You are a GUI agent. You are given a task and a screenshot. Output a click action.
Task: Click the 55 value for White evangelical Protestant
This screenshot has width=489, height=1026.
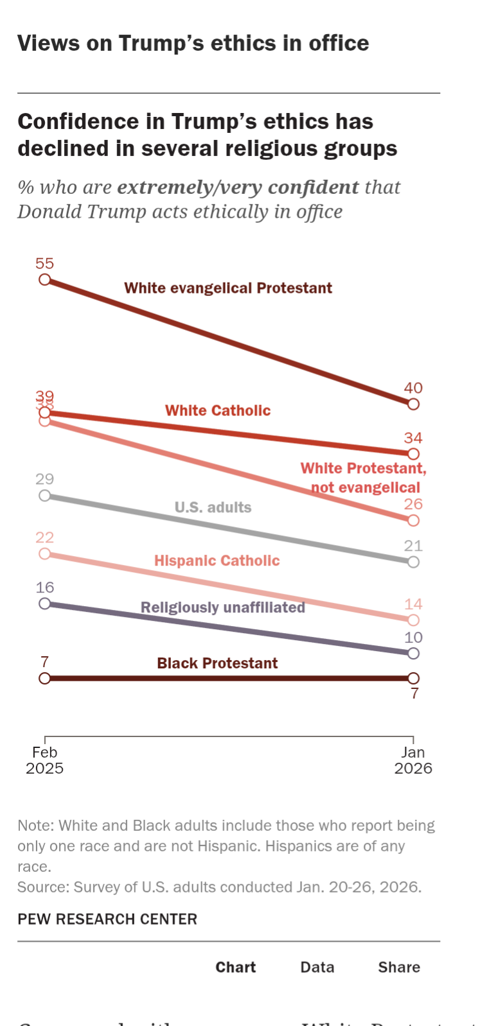(44, 264)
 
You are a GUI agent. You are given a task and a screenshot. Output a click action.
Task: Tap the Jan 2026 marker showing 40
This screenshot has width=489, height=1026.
(413, 404)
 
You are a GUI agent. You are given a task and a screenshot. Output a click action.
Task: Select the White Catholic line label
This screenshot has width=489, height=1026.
(218, 411)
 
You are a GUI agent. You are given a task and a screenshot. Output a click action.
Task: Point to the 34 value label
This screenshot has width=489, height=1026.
(413, 439)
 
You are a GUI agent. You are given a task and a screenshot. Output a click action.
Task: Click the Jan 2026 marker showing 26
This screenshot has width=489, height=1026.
(413, 520)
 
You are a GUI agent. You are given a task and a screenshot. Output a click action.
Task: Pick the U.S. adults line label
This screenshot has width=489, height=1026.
(213, 508)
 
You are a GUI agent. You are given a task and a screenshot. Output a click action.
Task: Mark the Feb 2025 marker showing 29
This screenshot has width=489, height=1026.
(44, 496)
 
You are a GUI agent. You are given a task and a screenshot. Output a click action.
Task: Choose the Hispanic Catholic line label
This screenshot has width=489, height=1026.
(217, 561)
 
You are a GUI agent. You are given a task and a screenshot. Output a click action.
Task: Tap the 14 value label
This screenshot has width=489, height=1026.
(413, 604)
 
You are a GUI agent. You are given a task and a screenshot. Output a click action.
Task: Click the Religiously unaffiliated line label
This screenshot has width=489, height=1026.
(223, 607)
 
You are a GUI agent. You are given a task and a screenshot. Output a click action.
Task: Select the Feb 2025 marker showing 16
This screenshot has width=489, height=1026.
(44, 604)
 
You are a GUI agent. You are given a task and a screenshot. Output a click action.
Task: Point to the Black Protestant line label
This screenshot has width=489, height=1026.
(217, 663)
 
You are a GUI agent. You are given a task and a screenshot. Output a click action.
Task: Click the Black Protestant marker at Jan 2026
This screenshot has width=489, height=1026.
(413, 678)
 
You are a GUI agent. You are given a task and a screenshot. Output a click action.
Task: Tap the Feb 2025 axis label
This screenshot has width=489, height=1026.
(44, 760)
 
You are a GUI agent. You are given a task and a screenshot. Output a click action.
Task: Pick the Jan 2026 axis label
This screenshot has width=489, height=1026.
(413, 760)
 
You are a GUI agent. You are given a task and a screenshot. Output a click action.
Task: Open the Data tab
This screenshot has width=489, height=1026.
(317, 968)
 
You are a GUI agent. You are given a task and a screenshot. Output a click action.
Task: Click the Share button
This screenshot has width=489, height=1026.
(399, 968)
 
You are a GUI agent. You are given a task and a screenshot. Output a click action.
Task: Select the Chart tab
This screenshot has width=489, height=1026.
(235, 968)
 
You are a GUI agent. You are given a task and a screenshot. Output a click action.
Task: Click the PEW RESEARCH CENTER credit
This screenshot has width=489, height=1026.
(107, 919)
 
